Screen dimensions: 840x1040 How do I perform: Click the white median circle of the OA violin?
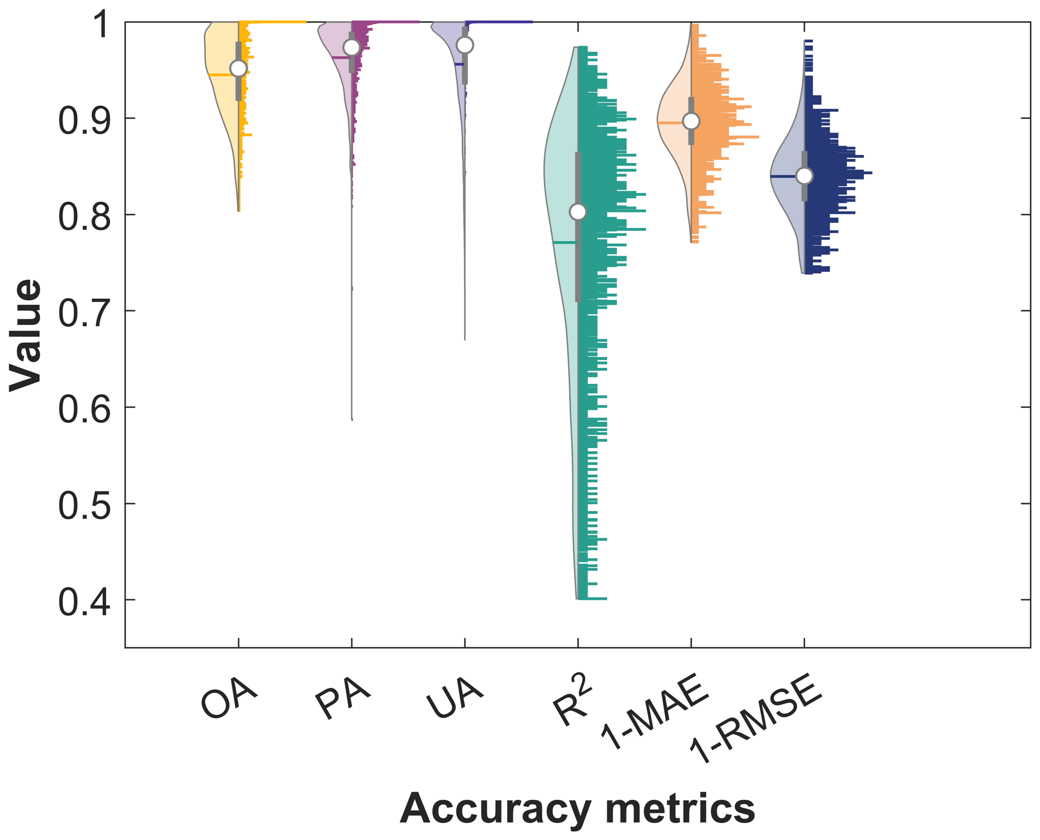click(238, 68)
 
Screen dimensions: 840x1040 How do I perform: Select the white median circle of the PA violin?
click(352, 47)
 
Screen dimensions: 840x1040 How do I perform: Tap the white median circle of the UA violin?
click(465, 45)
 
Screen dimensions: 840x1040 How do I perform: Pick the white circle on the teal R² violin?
click(578, 212)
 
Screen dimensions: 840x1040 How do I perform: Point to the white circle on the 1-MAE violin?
click(691, 121)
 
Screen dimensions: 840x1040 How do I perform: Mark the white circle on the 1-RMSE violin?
click(805, 176)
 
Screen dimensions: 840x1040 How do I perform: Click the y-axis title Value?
click(25, 335)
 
